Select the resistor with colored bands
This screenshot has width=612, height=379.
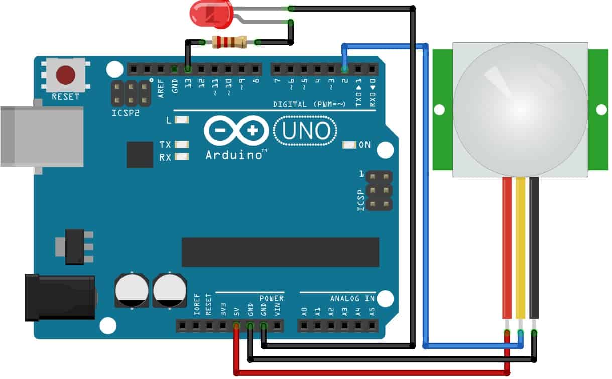point(229,42)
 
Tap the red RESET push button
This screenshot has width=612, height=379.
point(66,75)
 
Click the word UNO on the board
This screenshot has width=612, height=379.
point(305,131)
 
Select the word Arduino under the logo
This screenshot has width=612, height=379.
point(233,155)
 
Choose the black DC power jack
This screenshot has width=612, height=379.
point(60,297)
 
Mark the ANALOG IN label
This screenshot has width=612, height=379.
point(352,298)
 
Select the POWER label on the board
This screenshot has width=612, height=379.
point(271,298)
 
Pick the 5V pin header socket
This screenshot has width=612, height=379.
point(236,326)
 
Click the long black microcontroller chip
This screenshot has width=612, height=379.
point(280,252)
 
